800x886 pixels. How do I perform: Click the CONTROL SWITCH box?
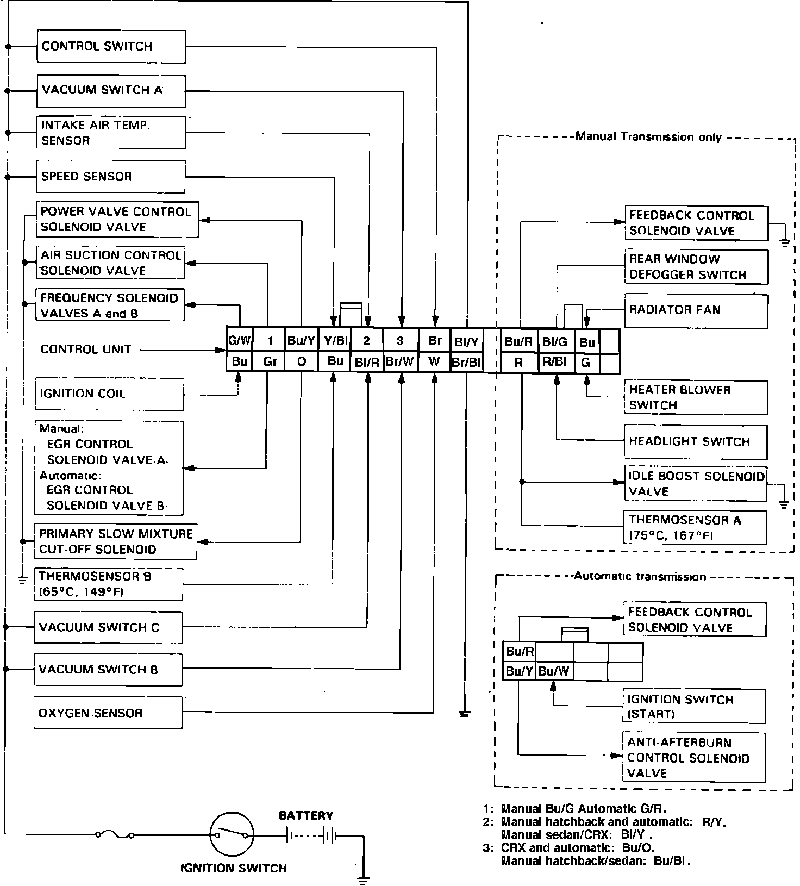click(x=111, y=46)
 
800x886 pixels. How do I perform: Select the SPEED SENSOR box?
click(x=111, y=176)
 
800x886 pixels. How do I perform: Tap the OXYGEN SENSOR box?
click(x=108, y=713)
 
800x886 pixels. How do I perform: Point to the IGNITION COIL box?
click(x=109, y=394)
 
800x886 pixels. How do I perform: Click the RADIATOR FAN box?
click(x=696, y=310)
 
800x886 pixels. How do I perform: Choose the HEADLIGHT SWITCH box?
click(x=695, y=441)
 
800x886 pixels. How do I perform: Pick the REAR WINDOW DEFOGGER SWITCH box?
click(x=696, y=267)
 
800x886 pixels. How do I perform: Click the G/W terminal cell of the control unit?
click(x=239, y=341)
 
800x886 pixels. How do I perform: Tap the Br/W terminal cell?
click(x=400, y=361)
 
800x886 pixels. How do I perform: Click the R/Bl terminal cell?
click(x=555, y=361)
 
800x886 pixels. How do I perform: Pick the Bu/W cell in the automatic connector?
click(x=554, y=671)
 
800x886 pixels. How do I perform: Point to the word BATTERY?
click(x=306, y=815)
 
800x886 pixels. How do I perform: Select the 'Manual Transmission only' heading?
click(x=648, y=136)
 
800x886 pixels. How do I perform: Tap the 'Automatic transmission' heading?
click(x=640, y=576)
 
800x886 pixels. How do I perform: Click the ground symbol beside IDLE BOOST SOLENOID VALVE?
click(x=784, y=503)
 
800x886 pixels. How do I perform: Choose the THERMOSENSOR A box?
click(x=695, y=528)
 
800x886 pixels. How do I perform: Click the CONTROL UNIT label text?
click(x=86, y=350)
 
